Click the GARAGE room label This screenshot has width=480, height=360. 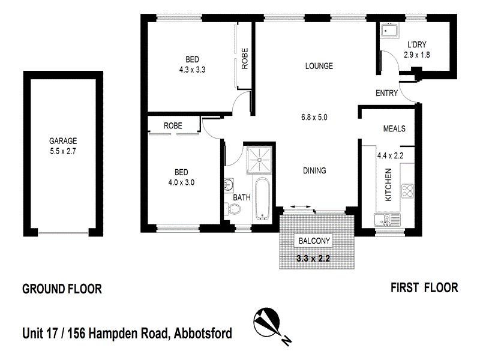tap(63, 142)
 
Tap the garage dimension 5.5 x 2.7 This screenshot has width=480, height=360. tap(63, 152)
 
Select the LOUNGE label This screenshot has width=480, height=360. tap(319, 66)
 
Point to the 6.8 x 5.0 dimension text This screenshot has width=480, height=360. tap(314, 117)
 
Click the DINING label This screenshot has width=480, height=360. tap(314, 171)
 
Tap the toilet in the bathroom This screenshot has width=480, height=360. tap(233, 209)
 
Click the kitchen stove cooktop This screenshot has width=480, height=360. tap(408, 191)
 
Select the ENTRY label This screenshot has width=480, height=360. tap(386, 93)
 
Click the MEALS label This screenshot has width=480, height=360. tap(394, 128)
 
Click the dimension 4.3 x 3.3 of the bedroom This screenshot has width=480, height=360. tap(192, 69)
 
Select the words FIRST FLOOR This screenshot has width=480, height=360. tap(424, 288)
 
